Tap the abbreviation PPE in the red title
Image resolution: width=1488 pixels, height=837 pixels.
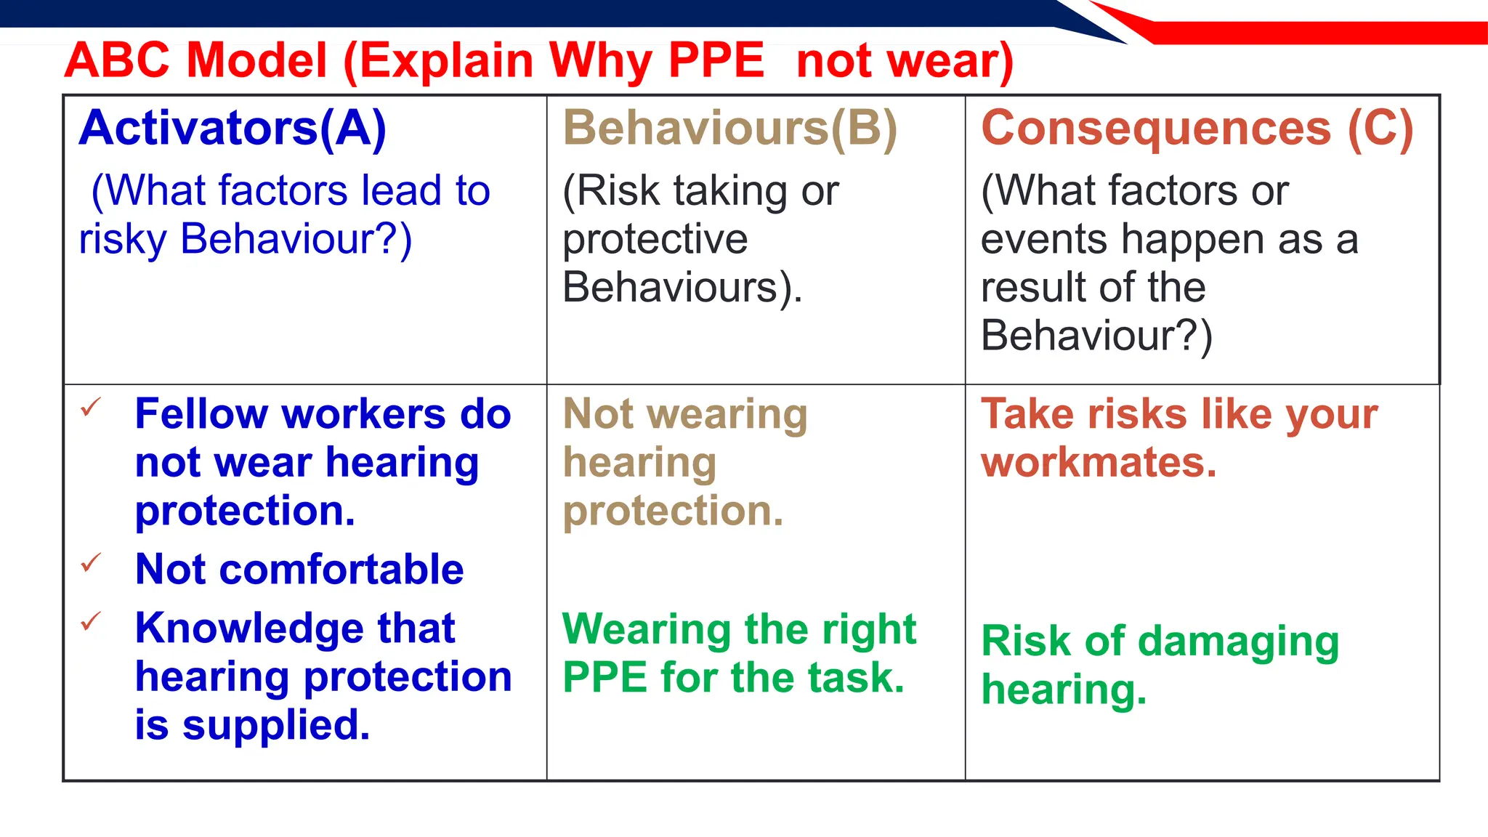click(x=716, y=60)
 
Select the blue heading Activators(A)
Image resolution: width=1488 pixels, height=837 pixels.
click(x=232, y=129)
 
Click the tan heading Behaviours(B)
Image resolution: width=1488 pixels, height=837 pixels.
click(x=730, y=129)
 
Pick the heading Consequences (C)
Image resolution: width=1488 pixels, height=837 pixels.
click(x=1197, y=129)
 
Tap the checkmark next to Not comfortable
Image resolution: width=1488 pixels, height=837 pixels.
click(x=91, y=562)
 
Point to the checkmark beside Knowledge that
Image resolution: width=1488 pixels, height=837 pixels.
click(x=91, y=621)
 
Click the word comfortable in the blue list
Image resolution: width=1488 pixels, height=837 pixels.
click(x=341, y=569)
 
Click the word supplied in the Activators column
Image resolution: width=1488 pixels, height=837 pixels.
click(x=276, y=726)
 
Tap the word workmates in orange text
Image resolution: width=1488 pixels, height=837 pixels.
click(x=1098, y=463)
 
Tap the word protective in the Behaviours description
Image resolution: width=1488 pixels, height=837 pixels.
click(x=655, y=239)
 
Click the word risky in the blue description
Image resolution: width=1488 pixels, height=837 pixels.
click(x=123, y=239)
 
